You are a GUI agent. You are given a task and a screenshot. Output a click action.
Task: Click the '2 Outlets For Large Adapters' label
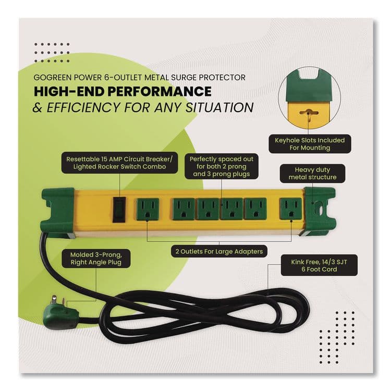pyautogui.click(x=217, y=251)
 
